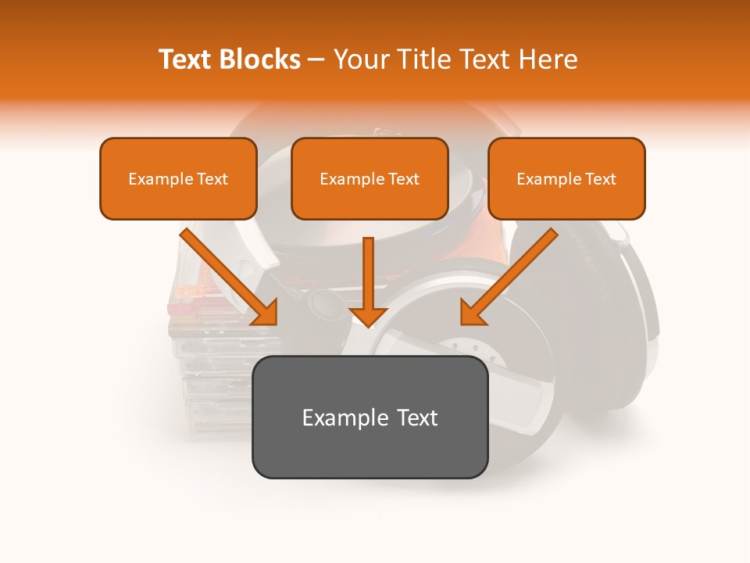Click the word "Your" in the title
click(360, 59)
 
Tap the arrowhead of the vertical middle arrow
click(368, 316)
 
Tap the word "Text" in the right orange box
click(600, 179)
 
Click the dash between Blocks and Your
click(317, 60)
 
